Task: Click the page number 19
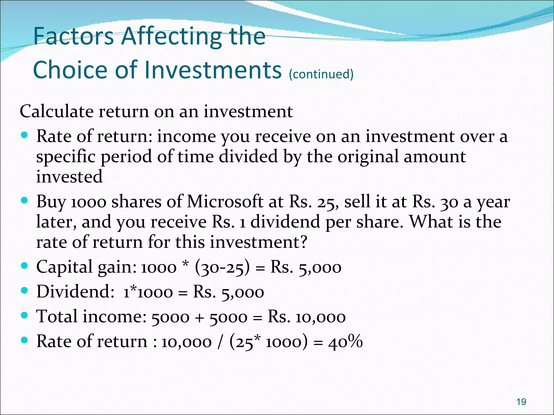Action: (521, 402)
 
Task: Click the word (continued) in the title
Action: (321, 74)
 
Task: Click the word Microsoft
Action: (225, 202)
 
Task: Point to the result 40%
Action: (345, 342)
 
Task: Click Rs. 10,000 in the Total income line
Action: (306, 317)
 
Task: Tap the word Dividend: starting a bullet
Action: (75, 292)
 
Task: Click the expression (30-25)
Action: (222, 267)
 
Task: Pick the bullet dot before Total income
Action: (24, 315)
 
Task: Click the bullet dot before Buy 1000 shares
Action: (24, 200)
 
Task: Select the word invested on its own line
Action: (69, 177)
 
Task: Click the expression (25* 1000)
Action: (269, 342)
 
